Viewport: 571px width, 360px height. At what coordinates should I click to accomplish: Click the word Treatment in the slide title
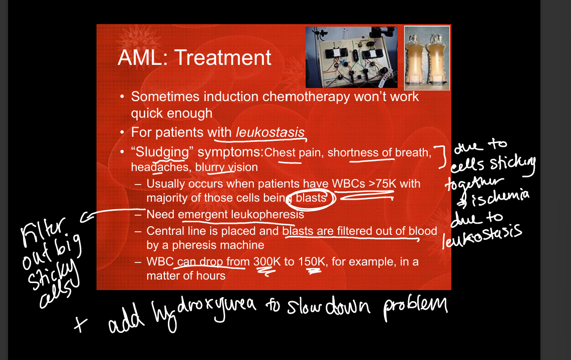click(x=223, y=58)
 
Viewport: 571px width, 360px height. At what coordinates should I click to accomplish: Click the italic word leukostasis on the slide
click(x=270, y=132)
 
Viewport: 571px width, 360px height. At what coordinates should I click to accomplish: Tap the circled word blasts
click(x=311, y=198)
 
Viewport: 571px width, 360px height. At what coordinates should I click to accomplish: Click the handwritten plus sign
click(x=80, y=324)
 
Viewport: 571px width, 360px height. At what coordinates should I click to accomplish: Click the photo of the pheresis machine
click(x=351, y=57)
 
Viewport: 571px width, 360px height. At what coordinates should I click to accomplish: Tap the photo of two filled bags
click(x=427, y=58)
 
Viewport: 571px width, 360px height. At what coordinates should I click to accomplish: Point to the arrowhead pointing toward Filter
click(x=84, y=218)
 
